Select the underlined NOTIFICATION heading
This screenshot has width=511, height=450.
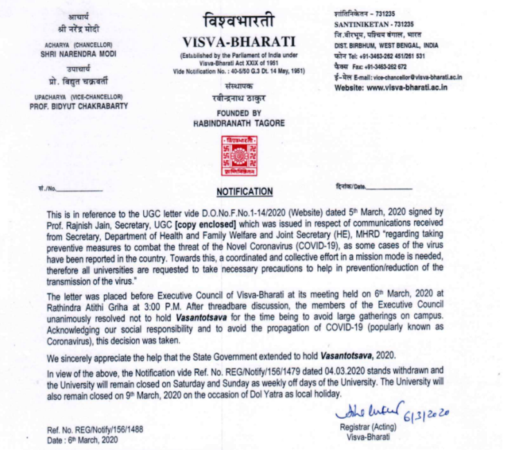point(245,191)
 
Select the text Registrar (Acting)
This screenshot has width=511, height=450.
point(364,428)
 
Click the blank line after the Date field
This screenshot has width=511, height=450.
point(390,188)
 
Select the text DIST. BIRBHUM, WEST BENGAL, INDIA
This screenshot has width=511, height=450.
point(390,45)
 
